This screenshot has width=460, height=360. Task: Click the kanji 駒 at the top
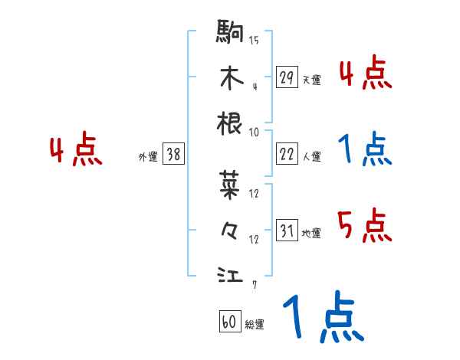click(230, 32)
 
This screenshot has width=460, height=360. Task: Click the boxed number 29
click(287, 77)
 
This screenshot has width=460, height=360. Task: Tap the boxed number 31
click(287, 231)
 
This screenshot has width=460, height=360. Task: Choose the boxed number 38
click(173, 154)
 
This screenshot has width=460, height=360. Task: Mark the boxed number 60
click(229, 322)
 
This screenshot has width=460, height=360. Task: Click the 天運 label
click(311, 80)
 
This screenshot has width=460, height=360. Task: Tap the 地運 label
click(311, 234)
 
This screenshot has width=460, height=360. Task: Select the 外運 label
click(147, 157)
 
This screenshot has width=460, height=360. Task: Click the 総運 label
click(255, 325)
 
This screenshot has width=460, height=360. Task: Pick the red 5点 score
click(365, 224)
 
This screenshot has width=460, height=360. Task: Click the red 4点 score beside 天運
click(365, 74)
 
